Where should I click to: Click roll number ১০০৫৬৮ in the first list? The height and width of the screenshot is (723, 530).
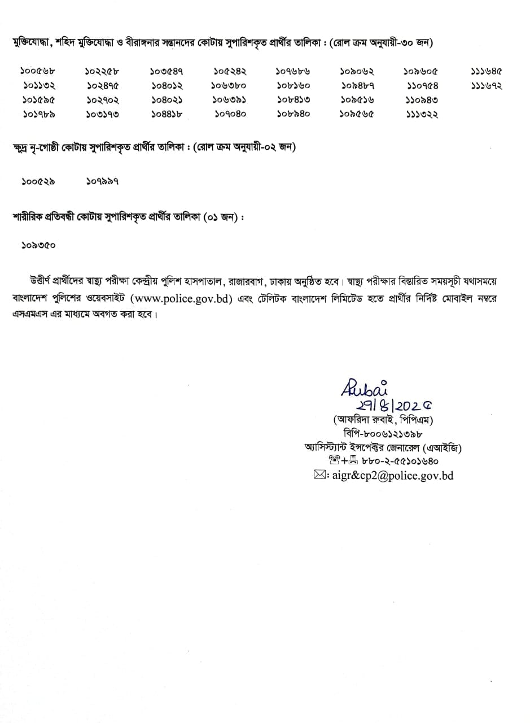point(38,72)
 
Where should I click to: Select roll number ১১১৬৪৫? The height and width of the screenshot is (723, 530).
point(486,72)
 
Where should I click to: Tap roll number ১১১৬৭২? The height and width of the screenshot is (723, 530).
point(486,86)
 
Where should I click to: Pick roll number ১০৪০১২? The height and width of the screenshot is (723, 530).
point(167,86)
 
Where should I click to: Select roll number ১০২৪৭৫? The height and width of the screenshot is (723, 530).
point(103,86)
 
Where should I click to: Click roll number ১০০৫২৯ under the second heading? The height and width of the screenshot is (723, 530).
point(38,181)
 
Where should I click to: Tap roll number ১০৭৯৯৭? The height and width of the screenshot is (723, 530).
point(103,181)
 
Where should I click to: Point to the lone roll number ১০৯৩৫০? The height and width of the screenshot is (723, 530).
point(38,246)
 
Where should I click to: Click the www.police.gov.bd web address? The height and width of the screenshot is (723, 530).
point(181,299)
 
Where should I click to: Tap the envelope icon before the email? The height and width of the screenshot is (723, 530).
point(319,476)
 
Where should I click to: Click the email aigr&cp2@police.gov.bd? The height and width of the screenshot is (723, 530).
point(393,476)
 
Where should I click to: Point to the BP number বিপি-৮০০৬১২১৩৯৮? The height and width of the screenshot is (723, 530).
point(382,433)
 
